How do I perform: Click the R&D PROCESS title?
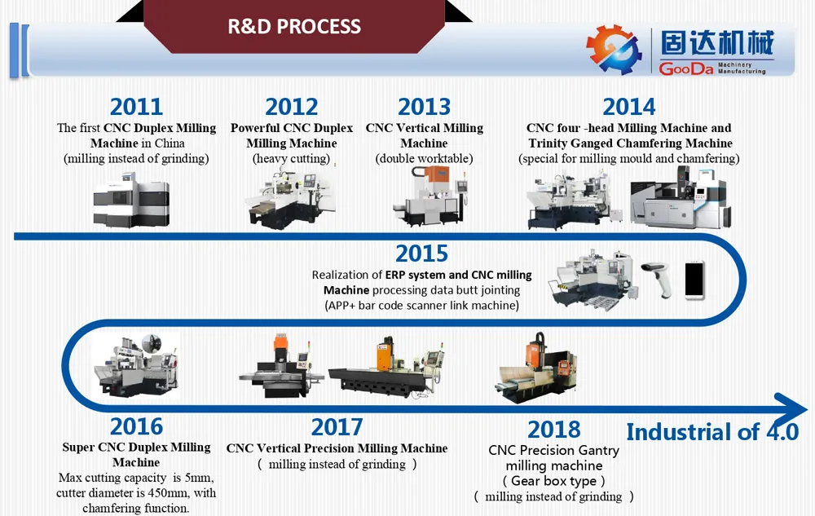pos(294,26)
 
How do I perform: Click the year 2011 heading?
pos(136,107)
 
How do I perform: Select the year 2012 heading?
pos(291,107)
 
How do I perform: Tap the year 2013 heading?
pos(424,107)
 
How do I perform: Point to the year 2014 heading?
pos(628,107)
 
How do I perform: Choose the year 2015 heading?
pos(421,253)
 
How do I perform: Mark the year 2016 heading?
pos(136,426)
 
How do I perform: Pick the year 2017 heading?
pos(337,426)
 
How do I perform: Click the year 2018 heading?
pos(553,430)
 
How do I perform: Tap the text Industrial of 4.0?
pos(711,432)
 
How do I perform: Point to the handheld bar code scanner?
pos(657,277)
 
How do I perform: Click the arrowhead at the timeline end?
pos(790,407)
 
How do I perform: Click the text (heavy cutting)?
pos(291,159)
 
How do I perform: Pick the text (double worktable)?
pos(424,159)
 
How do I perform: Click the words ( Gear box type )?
pos(553,481)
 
